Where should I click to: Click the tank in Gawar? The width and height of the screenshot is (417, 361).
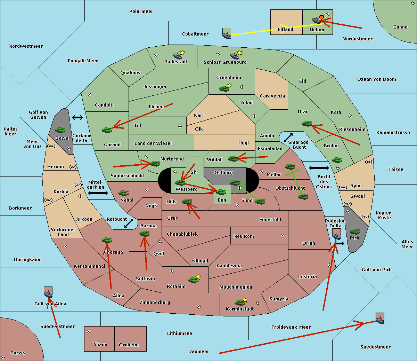pyautogui.click(x=60, y=130)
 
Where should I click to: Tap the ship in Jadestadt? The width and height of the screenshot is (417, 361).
pyautogui.click(x=177, y=56)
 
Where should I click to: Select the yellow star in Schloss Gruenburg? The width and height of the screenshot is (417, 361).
pyautogui.click(x=239, y=53)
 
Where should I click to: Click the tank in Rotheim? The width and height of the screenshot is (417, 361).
pyautogui.click(x=193, y=280)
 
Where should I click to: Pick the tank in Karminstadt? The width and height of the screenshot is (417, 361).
pyautogui.click(x=240, y=303)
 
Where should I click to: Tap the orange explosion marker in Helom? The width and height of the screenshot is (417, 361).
pyautogui.click(x=321, y=17)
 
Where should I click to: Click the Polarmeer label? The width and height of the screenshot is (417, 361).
pyautogui.click(x=141, y=11)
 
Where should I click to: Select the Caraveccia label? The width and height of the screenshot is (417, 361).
pyautogui.click(x=272, y=96)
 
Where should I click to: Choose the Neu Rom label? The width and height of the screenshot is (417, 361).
pyautogui.click(x=244, y=236)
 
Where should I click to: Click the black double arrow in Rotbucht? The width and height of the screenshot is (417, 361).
pyautogui.click(x=129, y=223)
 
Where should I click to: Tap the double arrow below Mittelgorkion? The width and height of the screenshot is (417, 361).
pyautogui.click(x=98, y=193)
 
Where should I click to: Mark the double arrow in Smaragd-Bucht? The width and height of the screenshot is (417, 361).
pyautogui.click(x=288, y=138)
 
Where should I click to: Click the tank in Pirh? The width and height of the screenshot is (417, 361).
pyautogui.click(x=354, y=231)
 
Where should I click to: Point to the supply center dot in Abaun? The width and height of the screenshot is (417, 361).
pyautogui.click(x=89, y=331)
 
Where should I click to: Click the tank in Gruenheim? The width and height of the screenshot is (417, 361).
pyautogui.click(x=224, y=88)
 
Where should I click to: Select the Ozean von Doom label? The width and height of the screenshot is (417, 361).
pyautogui.click(x=376, y=79)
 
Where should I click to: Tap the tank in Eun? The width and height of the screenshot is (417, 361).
pyautogui.click(x=221, y=192)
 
